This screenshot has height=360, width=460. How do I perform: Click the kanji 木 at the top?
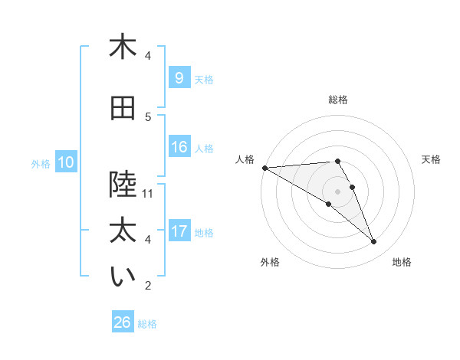[x=123, y=47]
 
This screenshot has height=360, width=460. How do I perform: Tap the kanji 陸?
[x=123, y=184]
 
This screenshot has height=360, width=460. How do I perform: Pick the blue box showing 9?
[x=179, y=77]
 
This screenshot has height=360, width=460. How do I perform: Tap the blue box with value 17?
[x=179, y=231]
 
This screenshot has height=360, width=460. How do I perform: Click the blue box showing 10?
[x=66, y=162]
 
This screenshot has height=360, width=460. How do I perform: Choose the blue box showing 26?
[x=123, y=322]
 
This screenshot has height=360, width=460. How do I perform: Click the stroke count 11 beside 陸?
[x=148, y=193]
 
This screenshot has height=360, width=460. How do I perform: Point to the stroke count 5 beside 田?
[x=148, y=117]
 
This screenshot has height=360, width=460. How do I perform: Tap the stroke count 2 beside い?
[x=148, y=286]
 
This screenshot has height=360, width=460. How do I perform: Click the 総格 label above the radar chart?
[x=338, y=100]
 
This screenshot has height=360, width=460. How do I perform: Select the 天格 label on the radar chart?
[x=432, y=159]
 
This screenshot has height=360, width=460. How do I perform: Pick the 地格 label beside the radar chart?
[x=402, y=262]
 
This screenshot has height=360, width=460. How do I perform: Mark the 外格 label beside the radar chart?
[x=270, y=262]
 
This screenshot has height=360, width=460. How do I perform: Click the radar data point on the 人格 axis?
[x=264, y=168]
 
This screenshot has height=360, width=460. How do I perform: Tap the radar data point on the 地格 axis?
[x=374, y=242]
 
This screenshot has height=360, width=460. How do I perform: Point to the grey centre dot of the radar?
[x=337, y=191]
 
